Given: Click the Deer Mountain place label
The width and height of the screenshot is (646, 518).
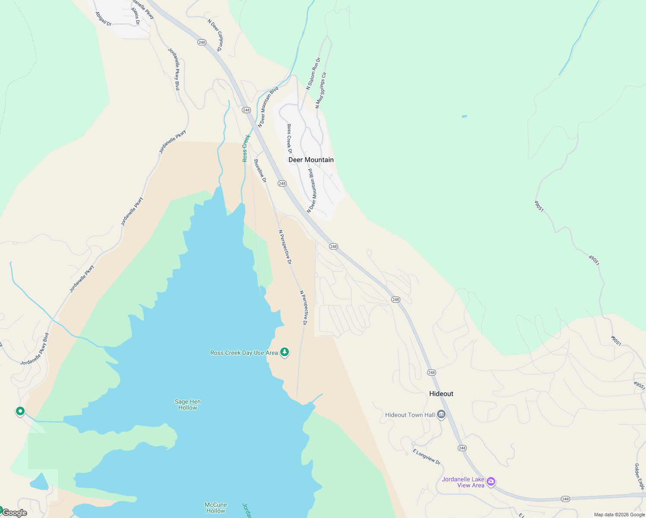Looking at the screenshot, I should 311,160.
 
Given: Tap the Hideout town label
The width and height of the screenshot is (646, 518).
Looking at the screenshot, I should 441,394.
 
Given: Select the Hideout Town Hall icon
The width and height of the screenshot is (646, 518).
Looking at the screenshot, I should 441,415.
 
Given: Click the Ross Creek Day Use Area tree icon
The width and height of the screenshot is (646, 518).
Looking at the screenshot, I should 284,352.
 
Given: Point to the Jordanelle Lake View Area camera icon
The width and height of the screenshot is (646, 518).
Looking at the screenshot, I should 491,481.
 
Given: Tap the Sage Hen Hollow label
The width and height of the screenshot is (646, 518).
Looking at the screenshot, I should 187,404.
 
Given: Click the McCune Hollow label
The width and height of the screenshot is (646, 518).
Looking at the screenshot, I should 215,508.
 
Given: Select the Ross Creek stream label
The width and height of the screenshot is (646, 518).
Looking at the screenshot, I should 246,148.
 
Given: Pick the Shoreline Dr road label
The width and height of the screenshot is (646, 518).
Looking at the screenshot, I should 260,171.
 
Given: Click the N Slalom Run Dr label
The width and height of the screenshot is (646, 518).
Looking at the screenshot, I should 313,73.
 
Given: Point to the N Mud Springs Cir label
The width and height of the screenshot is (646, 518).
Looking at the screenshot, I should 321,90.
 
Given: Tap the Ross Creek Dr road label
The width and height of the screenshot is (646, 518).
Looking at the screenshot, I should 289,139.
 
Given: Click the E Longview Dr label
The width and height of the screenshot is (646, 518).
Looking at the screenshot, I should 426,457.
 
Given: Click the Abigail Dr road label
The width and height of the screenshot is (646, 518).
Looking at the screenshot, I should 104,19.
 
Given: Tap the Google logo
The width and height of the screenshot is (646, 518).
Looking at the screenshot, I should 15,513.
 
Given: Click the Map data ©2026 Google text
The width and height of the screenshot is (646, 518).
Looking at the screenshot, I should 619,515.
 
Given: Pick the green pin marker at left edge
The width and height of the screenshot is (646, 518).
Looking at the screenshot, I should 20,411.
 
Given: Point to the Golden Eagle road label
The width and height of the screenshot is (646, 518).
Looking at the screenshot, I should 639,477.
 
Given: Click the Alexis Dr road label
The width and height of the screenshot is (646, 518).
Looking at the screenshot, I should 136,16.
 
